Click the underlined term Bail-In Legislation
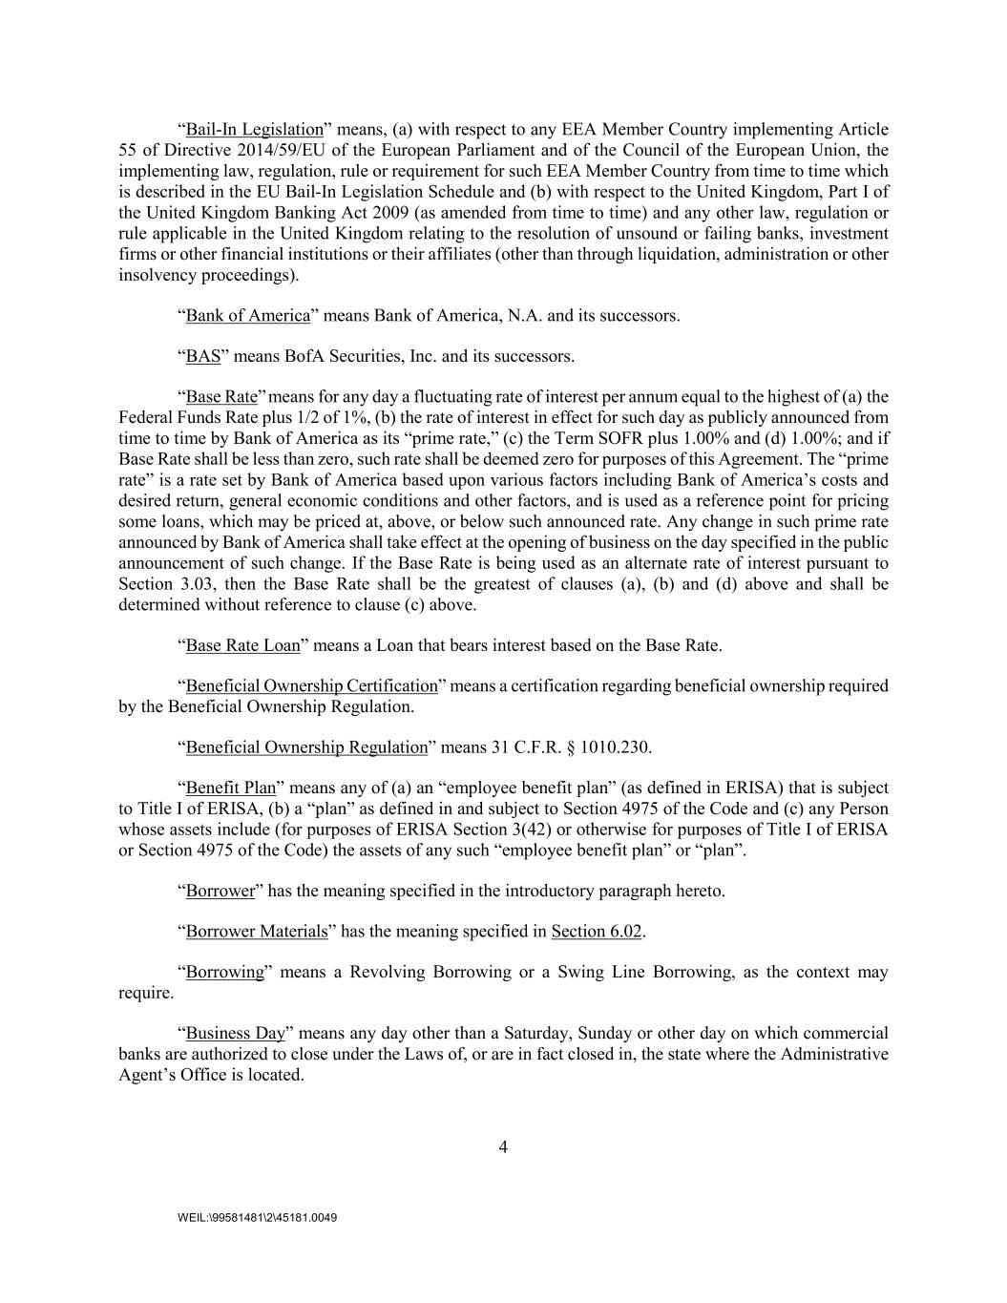tap(255, 130)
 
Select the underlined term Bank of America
tap(248, 316)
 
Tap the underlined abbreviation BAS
tap(203, 357)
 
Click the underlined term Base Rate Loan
tap(242, 645)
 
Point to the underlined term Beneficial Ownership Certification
tap(311, 686)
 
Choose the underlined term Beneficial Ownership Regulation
tap(306, 747)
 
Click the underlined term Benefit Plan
tap(230, 788)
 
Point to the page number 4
tap(503, 1147)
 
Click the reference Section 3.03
tap(154, 584)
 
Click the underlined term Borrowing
tap(224, 973)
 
